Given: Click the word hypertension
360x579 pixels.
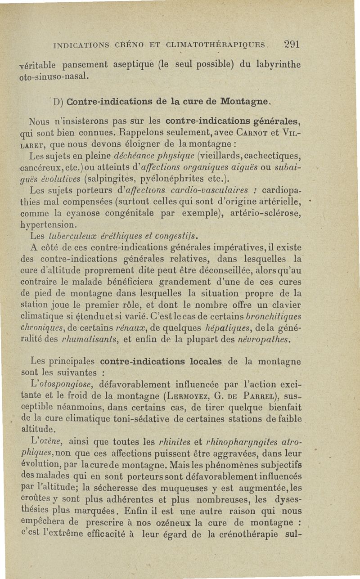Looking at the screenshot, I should click(x=49, y=224).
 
